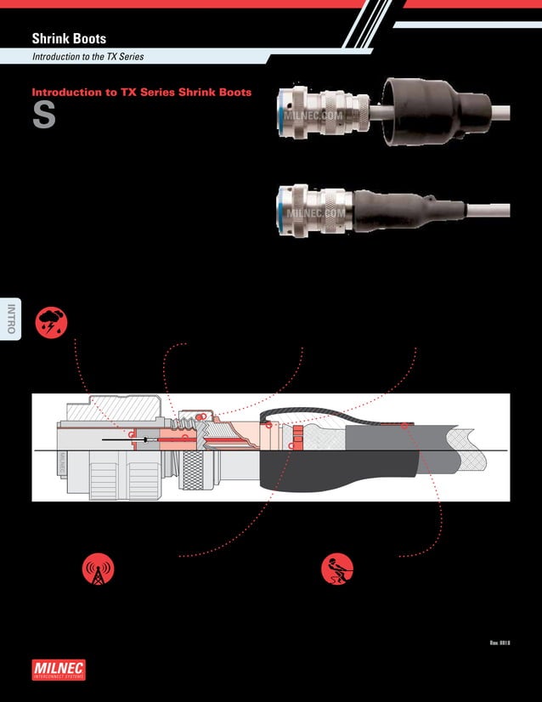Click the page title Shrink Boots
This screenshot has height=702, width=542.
(x=69, y=38)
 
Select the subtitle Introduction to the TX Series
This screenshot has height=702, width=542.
(x=88, y=57)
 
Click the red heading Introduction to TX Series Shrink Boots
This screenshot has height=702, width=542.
(x=141, y=92)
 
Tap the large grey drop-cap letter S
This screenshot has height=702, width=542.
(x=43, y=116)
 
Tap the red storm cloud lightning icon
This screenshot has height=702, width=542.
(x=51, y=322)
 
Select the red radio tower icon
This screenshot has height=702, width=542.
(x=98, y=569)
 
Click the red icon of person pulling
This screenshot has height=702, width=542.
(x=337, y=569)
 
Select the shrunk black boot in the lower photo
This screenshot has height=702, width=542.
(x=404, y=208)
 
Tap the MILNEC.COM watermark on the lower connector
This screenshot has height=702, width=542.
(x=316, y=214)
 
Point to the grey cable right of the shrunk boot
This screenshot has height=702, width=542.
(x=488, y=209)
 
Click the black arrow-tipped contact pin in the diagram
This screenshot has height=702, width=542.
(x=127, y=440)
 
